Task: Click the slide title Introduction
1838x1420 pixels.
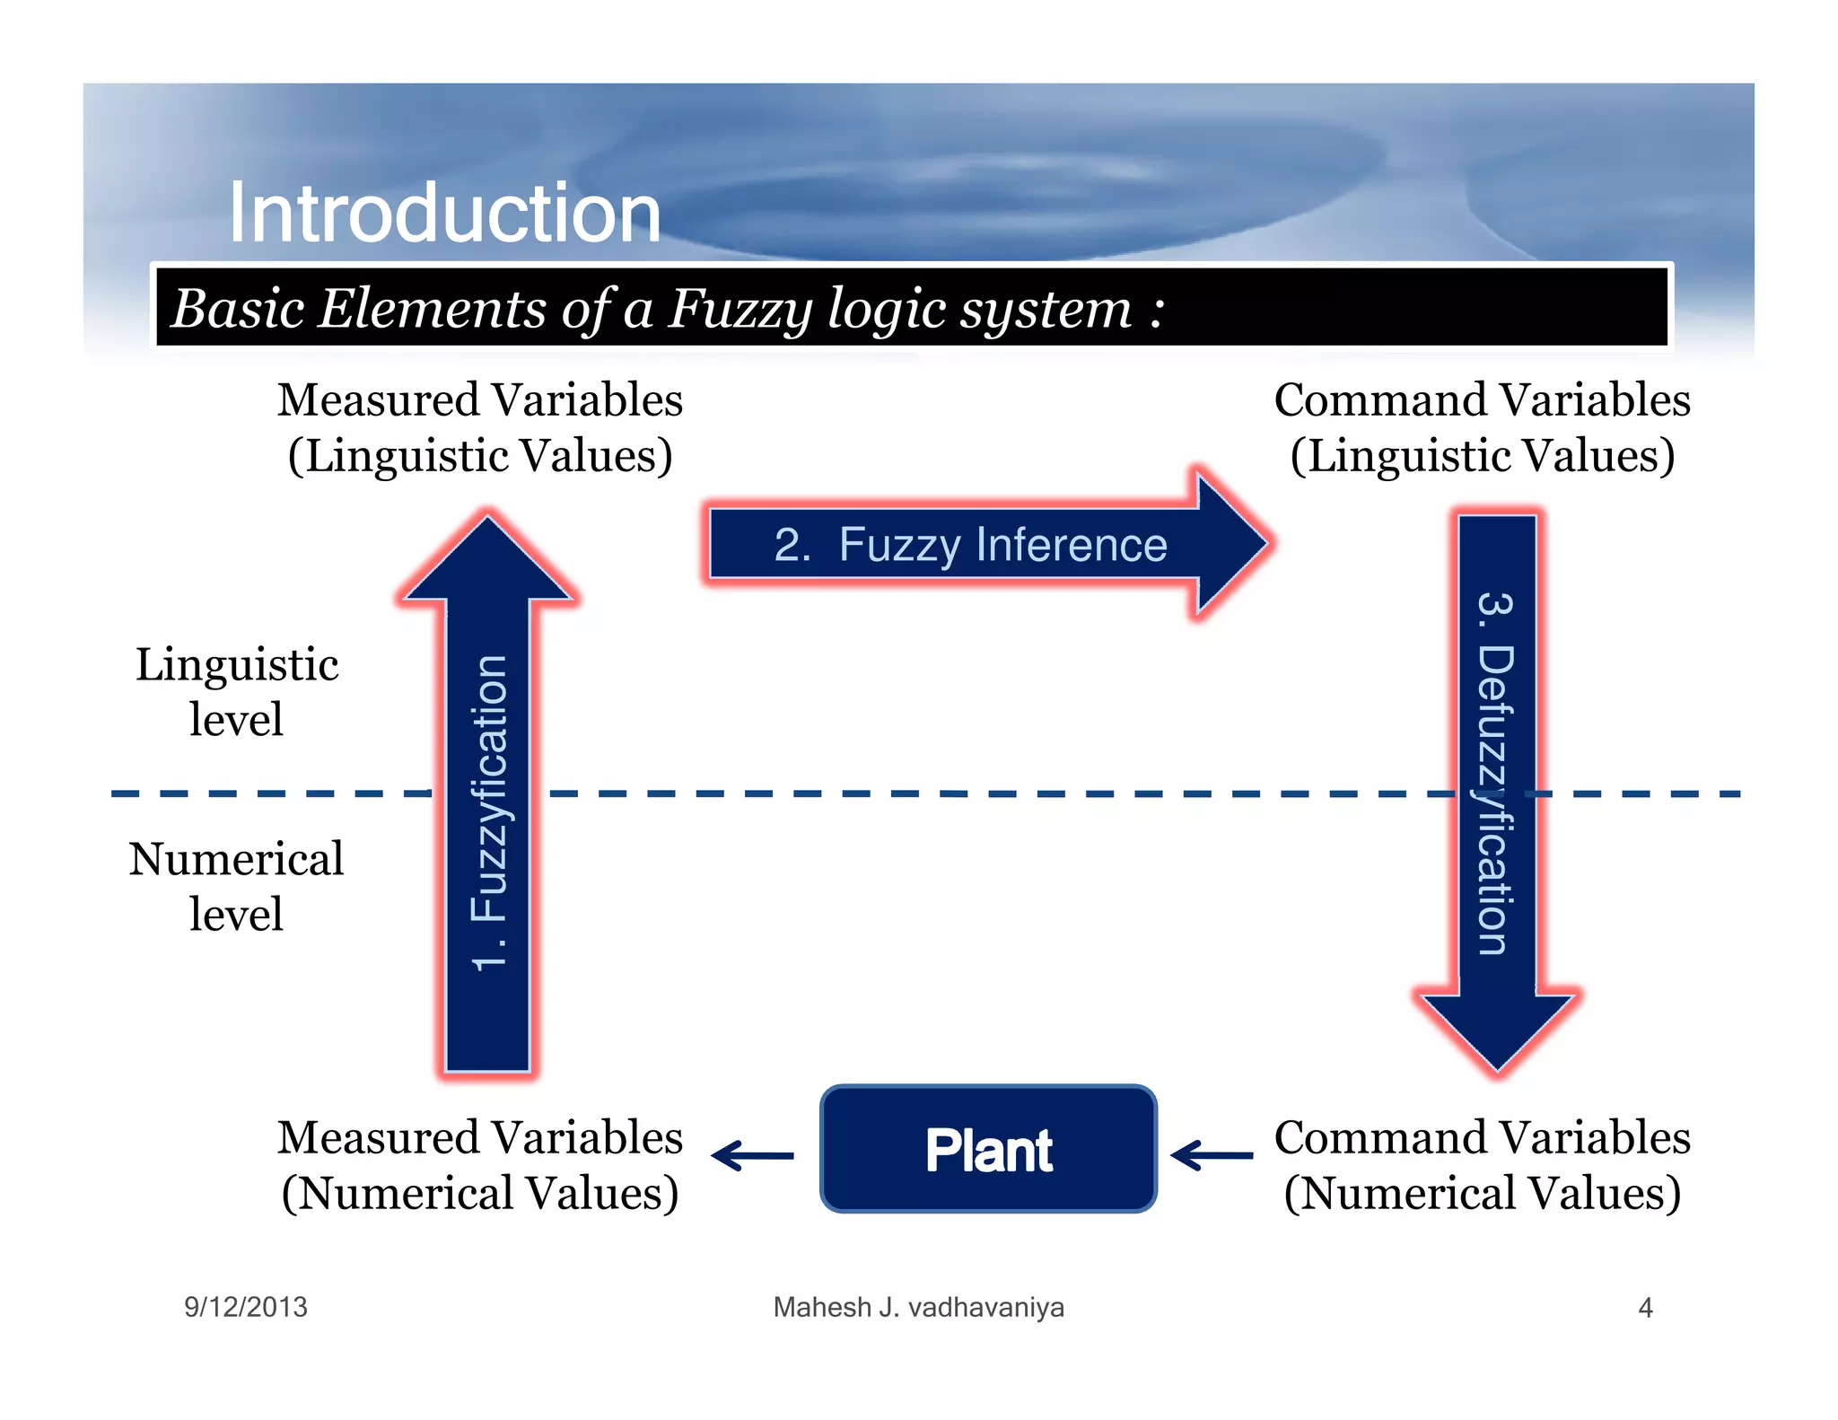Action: click(444, 213)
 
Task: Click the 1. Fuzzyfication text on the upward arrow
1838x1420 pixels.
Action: click(489, 812)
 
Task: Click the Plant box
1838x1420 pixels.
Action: click(988, 1150)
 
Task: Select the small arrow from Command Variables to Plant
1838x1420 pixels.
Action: click(1212, 1155)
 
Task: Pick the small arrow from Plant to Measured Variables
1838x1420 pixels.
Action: click(752, 1155)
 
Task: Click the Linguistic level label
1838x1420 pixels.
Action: click(237, 691)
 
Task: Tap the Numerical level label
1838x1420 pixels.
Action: click(236, 886)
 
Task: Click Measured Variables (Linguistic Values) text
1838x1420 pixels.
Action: click(480, 427)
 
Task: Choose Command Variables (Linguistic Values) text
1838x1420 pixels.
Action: click(1482, 427)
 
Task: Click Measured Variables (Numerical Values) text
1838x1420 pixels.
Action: click(480, 1165)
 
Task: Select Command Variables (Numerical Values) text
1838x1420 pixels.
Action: click(1482, 1165)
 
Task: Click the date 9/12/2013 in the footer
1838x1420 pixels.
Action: click(246, 1307)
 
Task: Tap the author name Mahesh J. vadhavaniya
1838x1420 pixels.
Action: click(918, 1307)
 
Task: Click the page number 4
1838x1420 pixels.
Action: click(1645, 1307)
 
